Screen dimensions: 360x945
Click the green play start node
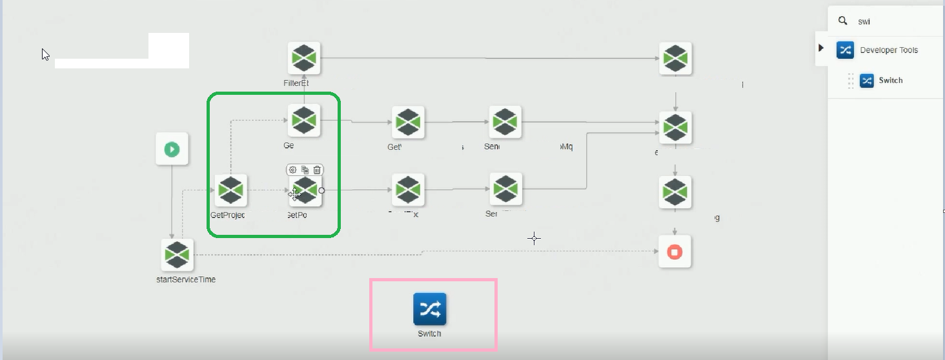[x=172, y=149]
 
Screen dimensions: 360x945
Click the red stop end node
[x=675, y=252]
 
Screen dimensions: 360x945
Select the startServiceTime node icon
[x=177, y=255]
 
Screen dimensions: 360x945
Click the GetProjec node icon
[x=230, y=190]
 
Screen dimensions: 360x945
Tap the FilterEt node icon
[x=304, y=58]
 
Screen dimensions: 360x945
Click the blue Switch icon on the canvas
[x=429, y=310]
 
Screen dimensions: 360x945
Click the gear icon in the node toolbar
[x=293, y=170]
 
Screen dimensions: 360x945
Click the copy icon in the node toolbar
[x=305, y=170]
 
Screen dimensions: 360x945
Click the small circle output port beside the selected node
[x=321, y=190]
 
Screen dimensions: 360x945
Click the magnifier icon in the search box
[x=842, y=21]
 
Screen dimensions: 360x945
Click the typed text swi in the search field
[x=864, y=21]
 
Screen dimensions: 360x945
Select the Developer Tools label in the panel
[x=889, y=50]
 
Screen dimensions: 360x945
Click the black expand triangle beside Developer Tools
[x=821, y=48]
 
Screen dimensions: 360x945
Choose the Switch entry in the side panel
[x=890, y=81]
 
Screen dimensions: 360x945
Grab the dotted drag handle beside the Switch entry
[x=851, y=81]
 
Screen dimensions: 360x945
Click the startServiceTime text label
[x=186, y=279]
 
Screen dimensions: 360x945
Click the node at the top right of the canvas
[x=675, y=58]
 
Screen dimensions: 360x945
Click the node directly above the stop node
[x=675, y=192]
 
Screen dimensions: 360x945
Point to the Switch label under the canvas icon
[x=429, y=334]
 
